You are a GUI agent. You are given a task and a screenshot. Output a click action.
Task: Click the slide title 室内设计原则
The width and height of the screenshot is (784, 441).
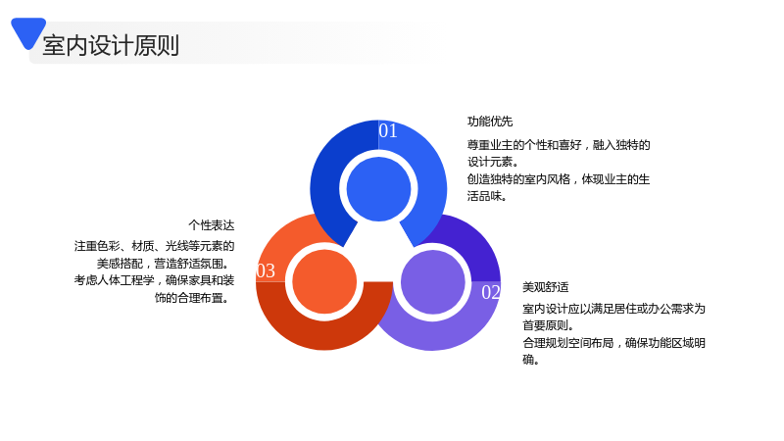111,45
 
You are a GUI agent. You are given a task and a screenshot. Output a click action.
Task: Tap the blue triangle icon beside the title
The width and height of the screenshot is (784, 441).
28,31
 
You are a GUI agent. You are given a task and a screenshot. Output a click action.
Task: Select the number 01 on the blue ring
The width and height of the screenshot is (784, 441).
388,130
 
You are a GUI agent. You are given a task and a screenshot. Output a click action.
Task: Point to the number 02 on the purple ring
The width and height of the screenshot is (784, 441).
491,292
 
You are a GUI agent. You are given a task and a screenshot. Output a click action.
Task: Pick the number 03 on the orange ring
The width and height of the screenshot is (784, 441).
266,270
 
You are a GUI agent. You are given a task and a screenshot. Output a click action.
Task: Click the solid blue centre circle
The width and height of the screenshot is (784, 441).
378,189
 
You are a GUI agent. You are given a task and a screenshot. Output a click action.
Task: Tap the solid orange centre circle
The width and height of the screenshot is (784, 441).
324,281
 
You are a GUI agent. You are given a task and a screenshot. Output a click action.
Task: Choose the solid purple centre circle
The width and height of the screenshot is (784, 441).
433,282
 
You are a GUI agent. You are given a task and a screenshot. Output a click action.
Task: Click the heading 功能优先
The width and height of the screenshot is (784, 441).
490,122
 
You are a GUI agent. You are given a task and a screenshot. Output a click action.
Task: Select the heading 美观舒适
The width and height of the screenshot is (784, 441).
546,287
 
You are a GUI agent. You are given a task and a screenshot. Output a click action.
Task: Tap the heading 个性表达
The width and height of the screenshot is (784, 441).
212,225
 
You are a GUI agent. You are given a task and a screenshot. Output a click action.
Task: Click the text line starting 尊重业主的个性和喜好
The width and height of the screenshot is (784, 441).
559,145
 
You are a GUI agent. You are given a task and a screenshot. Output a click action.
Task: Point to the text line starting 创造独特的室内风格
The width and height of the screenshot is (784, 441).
559,179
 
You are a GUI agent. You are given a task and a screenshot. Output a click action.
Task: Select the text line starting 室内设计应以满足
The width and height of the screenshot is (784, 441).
614,309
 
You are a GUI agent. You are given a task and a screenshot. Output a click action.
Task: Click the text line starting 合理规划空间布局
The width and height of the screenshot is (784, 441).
614,342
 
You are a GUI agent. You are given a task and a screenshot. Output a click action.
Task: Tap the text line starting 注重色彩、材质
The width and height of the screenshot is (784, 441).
155,246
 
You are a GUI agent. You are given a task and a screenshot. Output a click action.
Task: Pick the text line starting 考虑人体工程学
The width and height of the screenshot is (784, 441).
155,280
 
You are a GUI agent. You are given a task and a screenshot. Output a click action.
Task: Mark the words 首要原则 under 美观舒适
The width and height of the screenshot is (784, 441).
546,325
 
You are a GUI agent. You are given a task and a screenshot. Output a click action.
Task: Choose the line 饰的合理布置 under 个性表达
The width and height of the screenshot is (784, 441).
191,298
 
